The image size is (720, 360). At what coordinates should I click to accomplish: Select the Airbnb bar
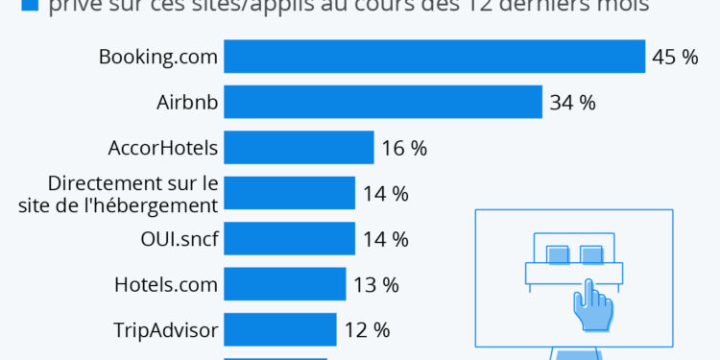pos(383,102)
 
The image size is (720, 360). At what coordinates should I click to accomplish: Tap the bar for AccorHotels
pos(299,148)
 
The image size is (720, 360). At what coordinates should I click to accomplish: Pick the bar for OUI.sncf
pos(289,238)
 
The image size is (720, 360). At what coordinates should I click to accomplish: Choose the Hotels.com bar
pos(284,284)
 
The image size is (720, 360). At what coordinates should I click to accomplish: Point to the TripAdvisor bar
pos(279,329)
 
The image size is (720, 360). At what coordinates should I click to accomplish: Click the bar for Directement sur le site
pos(289,193)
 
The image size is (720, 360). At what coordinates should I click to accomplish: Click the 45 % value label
pos(675,58)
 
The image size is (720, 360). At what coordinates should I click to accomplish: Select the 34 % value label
pos(573,103)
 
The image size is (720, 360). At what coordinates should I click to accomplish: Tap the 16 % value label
pos(404,149)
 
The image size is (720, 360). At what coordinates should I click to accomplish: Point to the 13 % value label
pos(376,285)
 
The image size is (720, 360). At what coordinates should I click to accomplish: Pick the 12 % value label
pos(367,330)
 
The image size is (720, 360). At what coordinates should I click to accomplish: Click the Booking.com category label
pos(158,58)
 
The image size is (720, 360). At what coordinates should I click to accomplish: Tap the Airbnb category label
pos(187,103)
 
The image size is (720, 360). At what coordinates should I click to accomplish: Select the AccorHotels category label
pos(163,149)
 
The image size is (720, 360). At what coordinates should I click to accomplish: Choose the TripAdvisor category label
pos(165,330)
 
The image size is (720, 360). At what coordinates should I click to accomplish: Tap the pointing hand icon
pos(591,305)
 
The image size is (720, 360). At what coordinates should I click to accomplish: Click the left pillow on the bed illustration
pos(558,254)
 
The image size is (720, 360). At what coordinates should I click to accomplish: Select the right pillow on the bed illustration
pos(591,254)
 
